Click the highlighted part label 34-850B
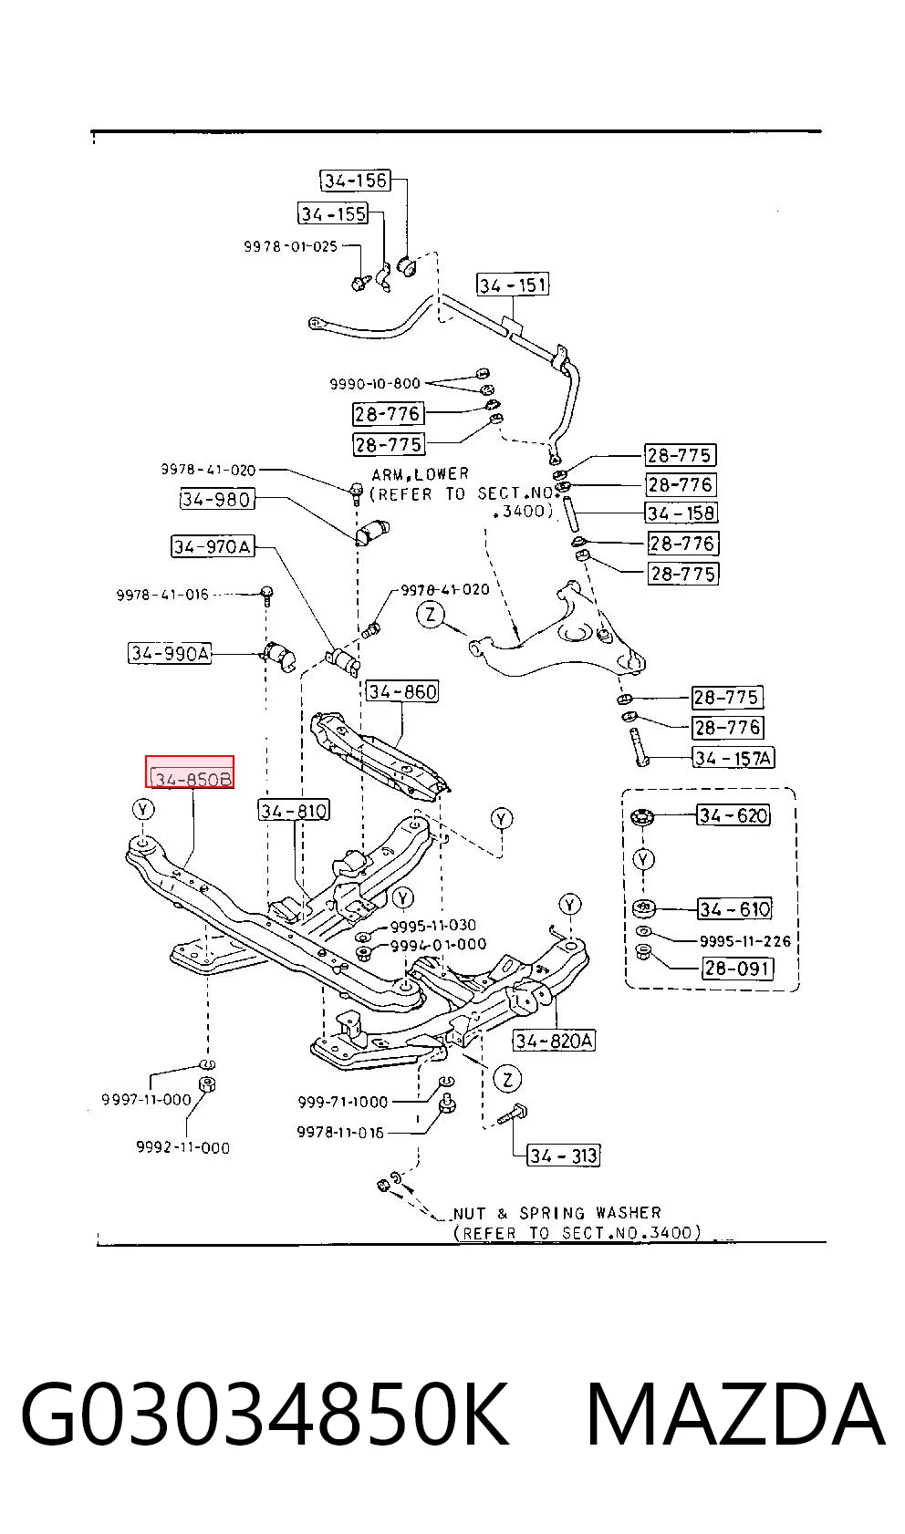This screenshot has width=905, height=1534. pyautogui.click(x=190, y=772)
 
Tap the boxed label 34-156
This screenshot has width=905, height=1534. pyautogui.click(x=355, y=181)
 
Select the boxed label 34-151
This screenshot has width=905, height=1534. pyautogui.click(x=513, y=285)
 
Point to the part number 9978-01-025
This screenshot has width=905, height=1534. pyautogui.click(x=290, y=246)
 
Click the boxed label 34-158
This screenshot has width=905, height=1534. pyautogui.click(x=681, y=513)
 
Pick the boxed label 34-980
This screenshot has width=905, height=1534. pyautogui.click(x=217, y=499)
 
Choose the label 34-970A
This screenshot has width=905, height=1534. pyautogui.click(x=213, y=546)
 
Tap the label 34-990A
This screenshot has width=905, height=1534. pyautogui.click(x=170, y=653)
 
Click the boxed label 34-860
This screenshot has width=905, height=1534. pyautogui.click(x=402, y=691)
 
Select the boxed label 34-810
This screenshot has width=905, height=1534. pyautogui.click(x=294, y=811)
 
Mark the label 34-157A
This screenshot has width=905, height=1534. pyautogui.click(x=733, y=758)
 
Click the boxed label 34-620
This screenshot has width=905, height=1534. pyautogui.click(x=733, y=815)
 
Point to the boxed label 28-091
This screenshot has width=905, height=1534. pyautogui.click(x=738, y=969)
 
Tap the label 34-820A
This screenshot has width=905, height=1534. pyautogui.click(x=555, y=1041)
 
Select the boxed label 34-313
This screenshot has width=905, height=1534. pyautogui.click(x=563, y=1156)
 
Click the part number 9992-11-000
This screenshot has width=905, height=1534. pyautogui.click(x=183, y=1147)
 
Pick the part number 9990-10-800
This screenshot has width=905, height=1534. pyautogui.click(x=375, y=383)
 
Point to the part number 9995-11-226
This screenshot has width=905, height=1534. pyautogui.click(x=745, y=941)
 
